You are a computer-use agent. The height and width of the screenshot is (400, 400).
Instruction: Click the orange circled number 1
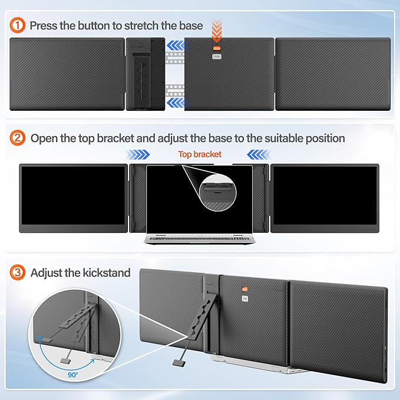[x=19, y=25]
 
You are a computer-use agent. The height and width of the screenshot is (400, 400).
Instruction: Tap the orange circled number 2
[x=19, y=138]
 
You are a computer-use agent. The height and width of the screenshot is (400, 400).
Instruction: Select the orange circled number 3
[x=19, y=273]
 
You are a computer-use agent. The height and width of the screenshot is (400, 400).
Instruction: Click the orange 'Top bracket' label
[x=200, y=154]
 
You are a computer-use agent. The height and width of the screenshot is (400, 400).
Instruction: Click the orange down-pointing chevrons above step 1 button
[x=217, y=30]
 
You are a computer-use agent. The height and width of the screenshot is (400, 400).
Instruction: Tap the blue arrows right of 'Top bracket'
[x=257, y=155]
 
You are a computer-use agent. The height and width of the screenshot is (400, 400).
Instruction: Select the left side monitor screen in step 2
[x=73, y=196]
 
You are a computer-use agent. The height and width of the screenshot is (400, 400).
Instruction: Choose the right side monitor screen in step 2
[x=325, y=196]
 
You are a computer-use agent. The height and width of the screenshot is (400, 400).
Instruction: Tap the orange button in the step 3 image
[x=242, y=289]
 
